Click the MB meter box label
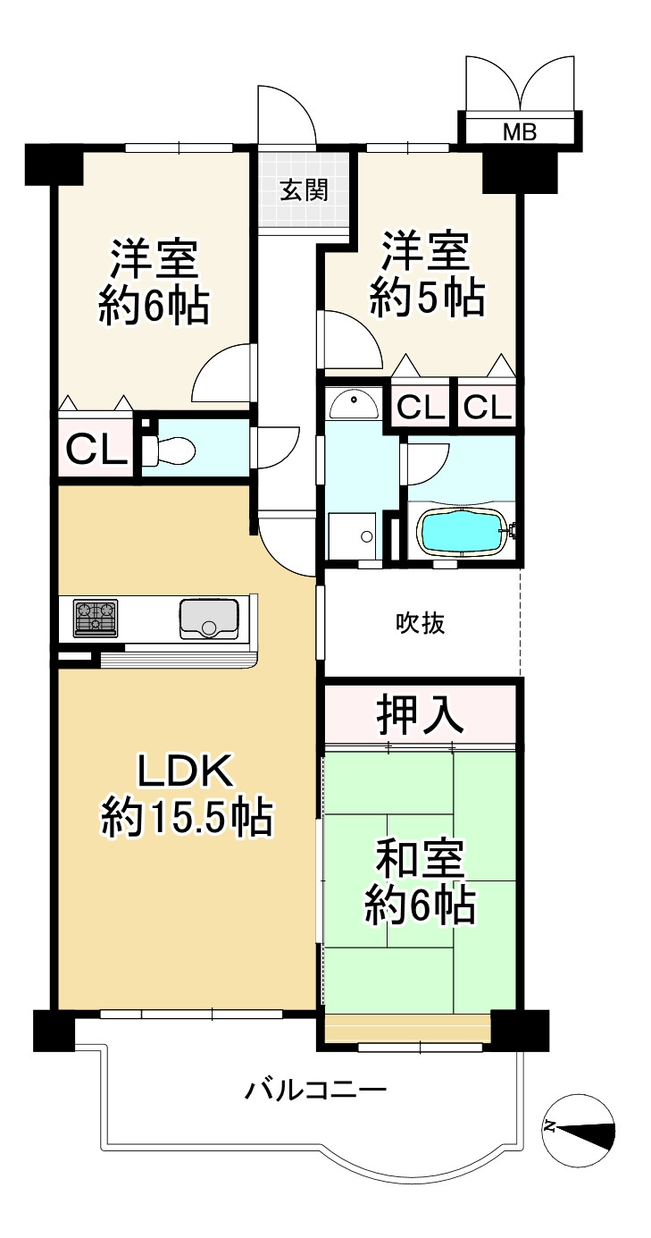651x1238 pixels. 520,132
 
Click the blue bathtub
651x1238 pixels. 461,531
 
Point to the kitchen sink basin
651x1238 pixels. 209,619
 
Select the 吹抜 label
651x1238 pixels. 421,624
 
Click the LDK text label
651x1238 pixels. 185,771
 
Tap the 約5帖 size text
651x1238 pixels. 428,299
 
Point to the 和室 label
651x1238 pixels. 420,859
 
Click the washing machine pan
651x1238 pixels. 352,536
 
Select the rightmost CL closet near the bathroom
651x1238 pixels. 487,408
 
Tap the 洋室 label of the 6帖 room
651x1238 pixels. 154,259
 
